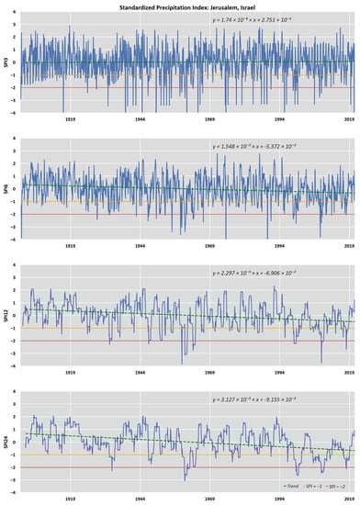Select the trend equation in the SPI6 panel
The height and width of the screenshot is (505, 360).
coord(243,148)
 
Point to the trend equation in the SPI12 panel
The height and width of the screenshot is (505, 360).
coord(243,273)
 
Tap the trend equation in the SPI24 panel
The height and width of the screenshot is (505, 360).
coord(243,399)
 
